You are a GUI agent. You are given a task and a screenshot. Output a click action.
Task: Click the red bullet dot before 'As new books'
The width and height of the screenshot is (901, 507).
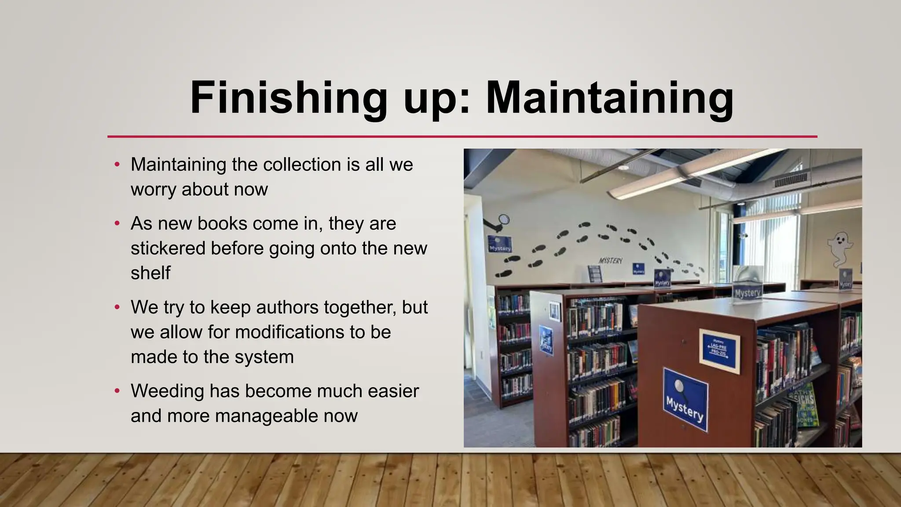[x=117, y=224]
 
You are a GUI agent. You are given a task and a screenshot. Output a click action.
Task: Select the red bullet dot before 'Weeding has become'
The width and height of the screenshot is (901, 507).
[x=117, y=391]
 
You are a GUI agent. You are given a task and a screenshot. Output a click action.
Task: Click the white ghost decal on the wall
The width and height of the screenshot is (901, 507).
[x=839, y=248]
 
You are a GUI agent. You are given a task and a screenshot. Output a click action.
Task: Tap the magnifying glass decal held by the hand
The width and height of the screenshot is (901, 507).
[x=504, y=220]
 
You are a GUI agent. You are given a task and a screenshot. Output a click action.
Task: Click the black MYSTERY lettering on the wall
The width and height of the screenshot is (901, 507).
[x=611, y=261]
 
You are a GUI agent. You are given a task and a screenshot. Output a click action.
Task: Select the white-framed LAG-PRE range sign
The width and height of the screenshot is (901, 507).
[x=719, y=351]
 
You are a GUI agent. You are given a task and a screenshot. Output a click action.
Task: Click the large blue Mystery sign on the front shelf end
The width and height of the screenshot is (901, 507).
[x=685, y=399]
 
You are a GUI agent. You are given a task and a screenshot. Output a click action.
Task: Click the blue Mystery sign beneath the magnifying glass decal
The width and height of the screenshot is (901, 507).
[x=500, y=244]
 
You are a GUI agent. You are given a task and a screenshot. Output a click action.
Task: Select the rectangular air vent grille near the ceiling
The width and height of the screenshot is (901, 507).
[x=791, y=180]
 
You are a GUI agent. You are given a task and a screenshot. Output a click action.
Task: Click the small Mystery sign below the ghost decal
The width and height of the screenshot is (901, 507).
[x=845, y=279]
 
